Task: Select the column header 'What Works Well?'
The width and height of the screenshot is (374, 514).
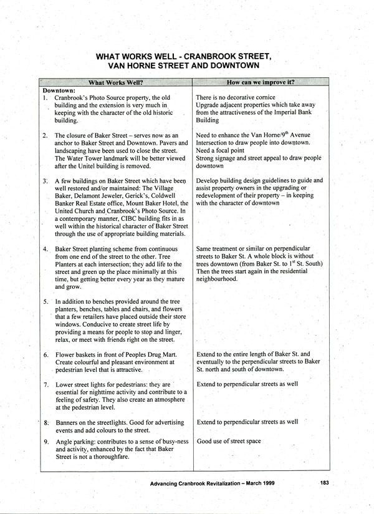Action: (116, 82)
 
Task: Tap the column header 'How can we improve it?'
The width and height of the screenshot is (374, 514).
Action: (261, 82)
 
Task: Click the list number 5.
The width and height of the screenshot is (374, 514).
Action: (46, 302)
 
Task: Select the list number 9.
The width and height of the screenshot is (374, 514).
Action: (46, 442)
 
